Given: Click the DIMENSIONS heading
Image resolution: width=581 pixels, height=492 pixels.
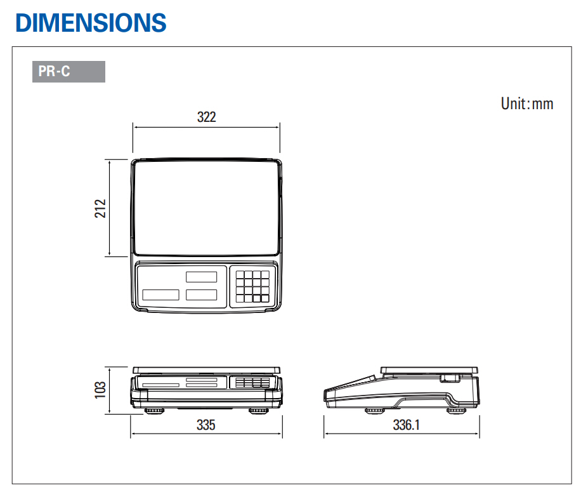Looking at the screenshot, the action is [x=91, y=23].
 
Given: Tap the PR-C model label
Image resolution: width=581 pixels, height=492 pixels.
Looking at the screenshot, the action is [x=54, y=71].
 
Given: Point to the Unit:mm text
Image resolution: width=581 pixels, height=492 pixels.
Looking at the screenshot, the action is [x=527, y=103].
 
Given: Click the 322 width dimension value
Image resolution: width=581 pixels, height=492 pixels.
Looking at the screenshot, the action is [x=206, y=117].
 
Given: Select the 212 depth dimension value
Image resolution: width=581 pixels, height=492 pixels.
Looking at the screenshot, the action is [x=100, y=208].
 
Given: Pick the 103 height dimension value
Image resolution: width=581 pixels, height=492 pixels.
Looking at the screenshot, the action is [x=100, y=390].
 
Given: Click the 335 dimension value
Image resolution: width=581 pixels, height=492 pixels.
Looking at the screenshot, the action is [x=206, y=425].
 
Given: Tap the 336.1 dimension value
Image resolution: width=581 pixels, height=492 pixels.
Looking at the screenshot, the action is [x=406, y=425].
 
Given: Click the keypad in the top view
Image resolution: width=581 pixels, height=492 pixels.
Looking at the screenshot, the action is [x=252, y=286].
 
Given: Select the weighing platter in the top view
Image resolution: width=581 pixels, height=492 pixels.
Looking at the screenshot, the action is [x=206, y=208].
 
